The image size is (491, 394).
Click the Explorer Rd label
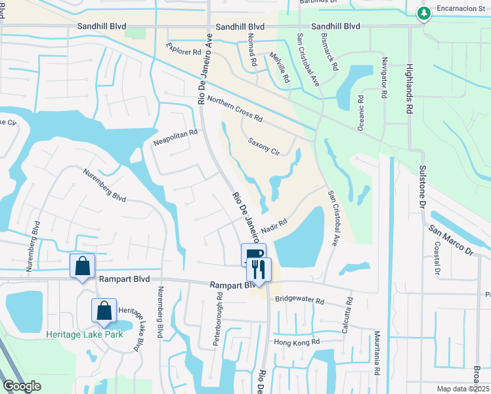coord(183,50)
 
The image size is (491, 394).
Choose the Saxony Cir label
coord(265,146)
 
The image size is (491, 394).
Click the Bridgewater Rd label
coord(300,301)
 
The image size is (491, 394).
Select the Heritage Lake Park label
coord(85,334)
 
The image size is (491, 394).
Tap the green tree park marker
coord(424,12)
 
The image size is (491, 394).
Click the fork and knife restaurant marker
coord(259,269)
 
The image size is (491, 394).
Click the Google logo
coord(22,385)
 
